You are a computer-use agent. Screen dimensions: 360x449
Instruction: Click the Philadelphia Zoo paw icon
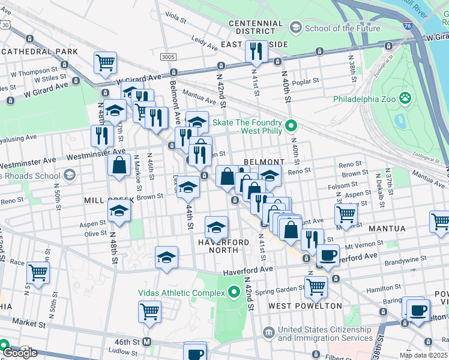point(406,97)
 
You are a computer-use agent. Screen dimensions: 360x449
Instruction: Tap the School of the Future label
point(342,28)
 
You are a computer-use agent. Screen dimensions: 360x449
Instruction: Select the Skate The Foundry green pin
point(291,125)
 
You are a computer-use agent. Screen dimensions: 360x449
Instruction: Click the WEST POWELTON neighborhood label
point(305,306)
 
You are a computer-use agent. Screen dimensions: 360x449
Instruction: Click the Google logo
point(19,353)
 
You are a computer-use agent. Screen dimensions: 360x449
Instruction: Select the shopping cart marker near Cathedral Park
point(105,62)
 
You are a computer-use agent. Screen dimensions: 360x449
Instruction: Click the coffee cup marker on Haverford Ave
point(328,254)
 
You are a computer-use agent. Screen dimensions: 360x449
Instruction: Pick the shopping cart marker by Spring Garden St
point(316,286)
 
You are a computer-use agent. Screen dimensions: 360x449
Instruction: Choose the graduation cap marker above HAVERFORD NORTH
point(216,227)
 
